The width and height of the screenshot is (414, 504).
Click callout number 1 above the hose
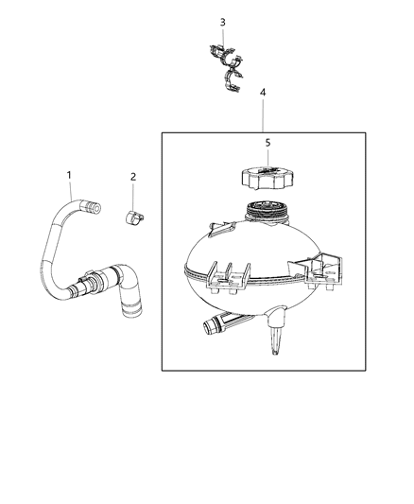(69, 174)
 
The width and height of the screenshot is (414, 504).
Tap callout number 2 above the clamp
(133, 177)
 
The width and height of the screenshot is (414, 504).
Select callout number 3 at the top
(222, 22)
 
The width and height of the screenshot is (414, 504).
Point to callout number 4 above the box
(264, 94)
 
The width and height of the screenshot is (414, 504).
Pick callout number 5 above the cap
(267, 143)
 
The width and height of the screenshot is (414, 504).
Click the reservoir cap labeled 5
(267, 177)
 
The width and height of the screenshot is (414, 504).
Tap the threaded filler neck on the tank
(266, 213)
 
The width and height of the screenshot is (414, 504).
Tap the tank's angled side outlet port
(216, 325)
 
